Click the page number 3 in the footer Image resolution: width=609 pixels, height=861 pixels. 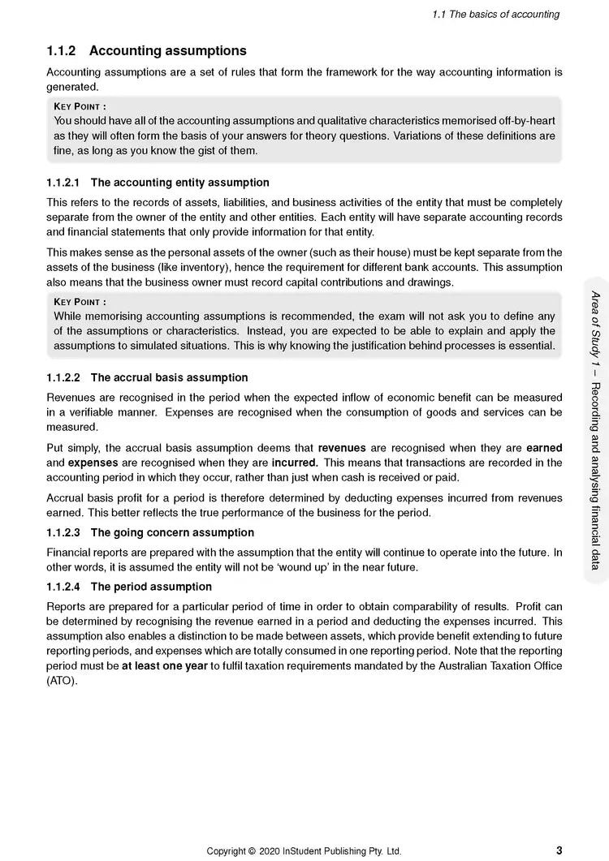point(559,850)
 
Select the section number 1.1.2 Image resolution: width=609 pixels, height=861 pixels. point(62,50)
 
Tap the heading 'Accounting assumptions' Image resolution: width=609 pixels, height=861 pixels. point(168,50)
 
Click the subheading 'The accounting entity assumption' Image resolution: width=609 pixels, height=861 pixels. point(179,183)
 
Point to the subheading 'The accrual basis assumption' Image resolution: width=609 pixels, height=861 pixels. point(169,377)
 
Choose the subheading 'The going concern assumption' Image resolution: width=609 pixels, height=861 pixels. point(172,532)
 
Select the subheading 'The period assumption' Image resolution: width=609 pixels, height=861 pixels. point(151,587)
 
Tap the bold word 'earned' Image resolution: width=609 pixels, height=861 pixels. point(544,448)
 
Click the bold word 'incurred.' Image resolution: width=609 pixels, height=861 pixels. point(294,463)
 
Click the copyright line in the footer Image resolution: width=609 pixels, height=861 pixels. point(304,851)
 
